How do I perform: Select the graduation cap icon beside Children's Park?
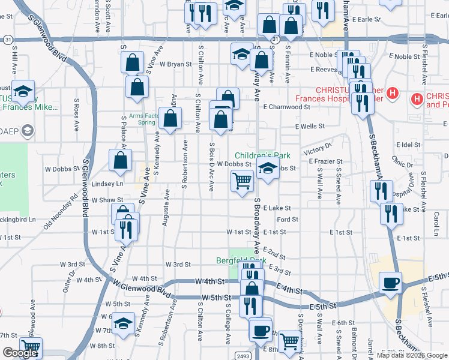click(268, 169)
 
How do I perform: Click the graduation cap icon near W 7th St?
click(124, 324)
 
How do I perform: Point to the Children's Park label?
click(258, 155)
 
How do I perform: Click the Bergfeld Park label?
click(241, 260)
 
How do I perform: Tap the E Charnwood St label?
click(286, 107)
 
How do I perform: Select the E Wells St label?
click(310, 127)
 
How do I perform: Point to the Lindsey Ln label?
click(107, 184)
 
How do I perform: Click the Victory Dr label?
click(318, 148)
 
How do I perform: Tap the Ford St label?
click(288, 220)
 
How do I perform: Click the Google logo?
click(20, 353)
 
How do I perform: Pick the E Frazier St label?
click(325, 161)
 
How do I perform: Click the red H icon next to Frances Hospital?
click(393, 93)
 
